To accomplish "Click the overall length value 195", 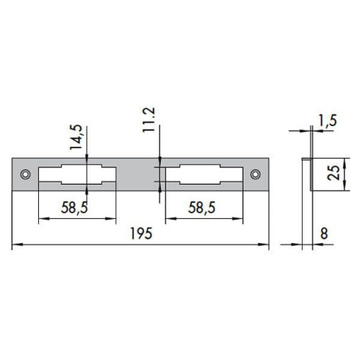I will click(140, 237).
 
